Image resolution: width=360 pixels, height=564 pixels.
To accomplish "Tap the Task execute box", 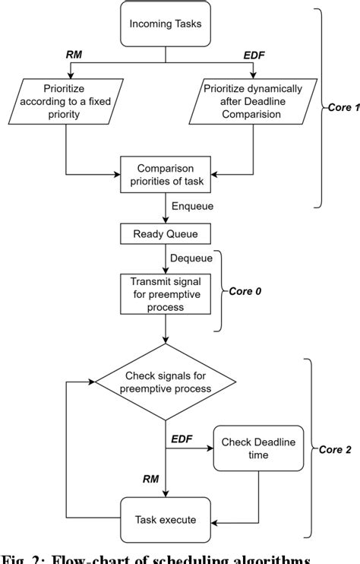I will point(166,520).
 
